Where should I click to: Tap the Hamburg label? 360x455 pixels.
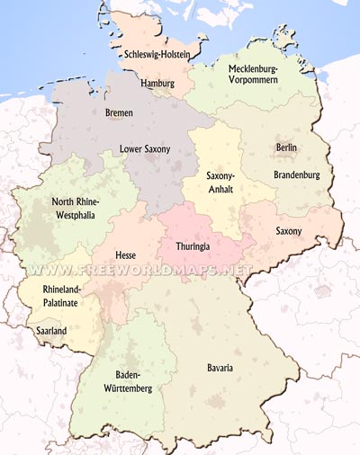pyautogui.click(x=157, y=83)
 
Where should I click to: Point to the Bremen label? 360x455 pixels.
pyautogui.click(x=119, y=112)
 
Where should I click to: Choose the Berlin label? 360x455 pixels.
pyautogui.click(x=287, y=147)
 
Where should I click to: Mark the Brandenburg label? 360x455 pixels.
pyautogui.click(x=296, y=174)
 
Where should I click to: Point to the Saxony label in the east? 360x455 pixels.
pyautogui.click(x=289, y=231)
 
